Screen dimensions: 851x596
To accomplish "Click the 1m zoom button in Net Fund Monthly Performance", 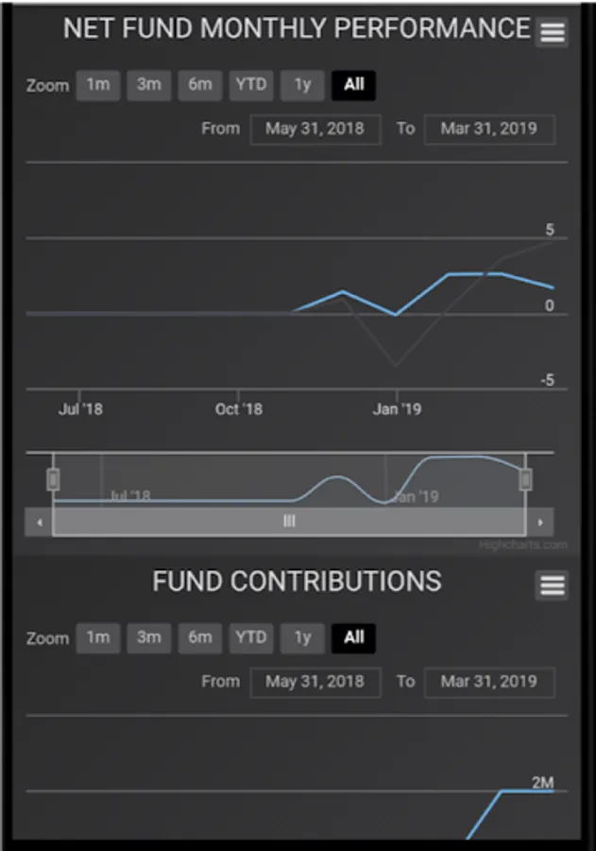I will pyautogui.click(x=98, y=85).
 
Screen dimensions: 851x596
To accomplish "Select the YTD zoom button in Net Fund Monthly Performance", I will pyautogui.click(x=251, y=85).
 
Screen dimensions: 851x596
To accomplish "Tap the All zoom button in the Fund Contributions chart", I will pyautogui.click(x=354, y=638).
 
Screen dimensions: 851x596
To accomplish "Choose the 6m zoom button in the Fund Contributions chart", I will pyautogui.click(x=200, y=638).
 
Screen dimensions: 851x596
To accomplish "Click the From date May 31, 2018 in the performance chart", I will pyautogui.click(x=315, y=129).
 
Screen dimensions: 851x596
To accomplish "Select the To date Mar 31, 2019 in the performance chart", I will pyautogui.click(x=488, y=129).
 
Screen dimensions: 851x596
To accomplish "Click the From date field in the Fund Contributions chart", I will pyautogui.click(x=315, y=682).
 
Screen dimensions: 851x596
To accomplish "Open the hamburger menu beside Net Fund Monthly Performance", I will pyautogui.click(x=553, y=33).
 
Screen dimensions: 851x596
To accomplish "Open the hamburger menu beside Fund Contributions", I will pyautogui.click(x=553, y=585).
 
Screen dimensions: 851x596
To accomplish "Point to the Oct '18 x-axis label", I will pyautogui.click(x=239, y=409).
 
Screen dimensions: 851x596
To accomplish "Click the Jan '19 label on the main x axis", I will pyautogui.click(x=398, y=409).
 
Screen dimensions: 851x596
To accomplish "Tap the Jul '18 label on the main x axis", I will pyautogui.click(x=80, y=409).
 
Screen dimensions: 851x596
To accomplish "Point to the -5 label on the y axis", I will pyautogui.click(x=547, y=381).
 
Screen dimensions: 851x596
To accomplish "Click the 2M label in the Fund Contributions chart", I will pyautogui.click(x=542, y=782).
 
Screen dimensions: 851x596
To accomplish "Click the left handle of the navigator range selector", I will pyautogui.click(x=53, y=479).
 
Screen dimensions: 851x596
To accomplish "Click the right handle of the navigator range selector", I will pyautogui.click(x=525, y=479).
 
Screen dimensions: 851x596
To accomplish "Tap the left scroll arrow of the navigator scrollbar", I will pyautogui.click(x=39, y=522).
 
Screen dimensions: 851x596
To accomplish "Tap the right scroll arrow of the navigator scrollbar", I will pyautogui.click(x=539, y=522).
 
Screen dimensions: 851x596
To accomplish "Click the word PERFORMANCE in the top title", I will pyautogui.click(x=434, y=28).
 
